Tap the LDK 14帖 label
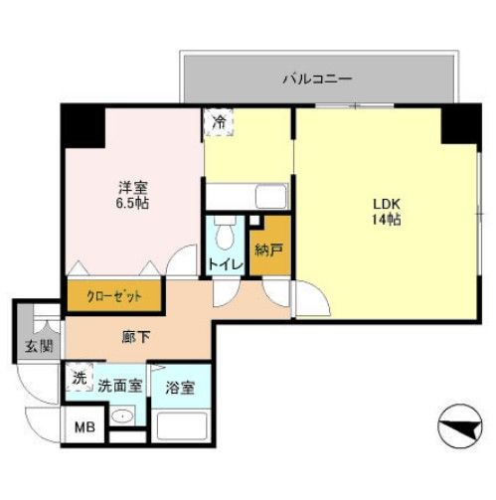385,212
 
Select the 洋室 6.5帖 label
128,193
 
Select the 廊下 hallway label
136,338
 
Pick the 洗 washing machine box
78,380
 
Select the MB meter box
83,430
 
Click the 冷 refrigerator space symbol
218,122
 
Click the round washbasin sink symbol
122,417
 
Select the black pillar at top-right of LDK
460,122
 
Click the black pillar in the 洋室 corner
83,124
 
